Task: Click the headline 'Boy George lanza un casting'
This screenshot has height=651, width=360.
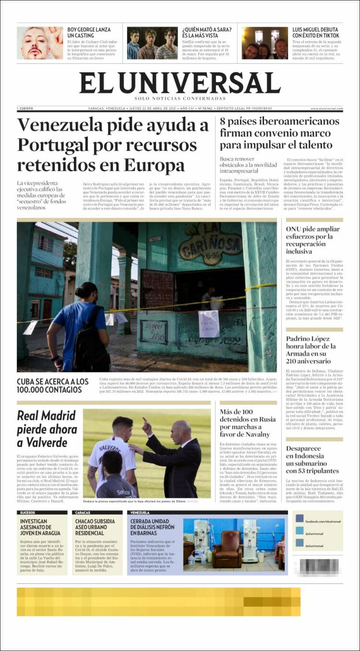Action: (x=89, y=33)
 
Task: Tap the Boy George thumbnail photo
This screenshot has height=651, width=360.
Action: (x=40, y=43)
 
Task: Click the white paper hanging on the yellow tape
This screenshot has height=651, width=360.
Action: (x=209, y=324)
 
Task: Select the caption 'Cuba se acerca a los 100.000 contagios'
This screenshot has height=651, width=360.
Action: (x=53, y=386)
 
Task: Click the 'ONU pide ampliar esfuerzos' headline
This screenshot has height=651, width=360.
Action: (x=312, y=240)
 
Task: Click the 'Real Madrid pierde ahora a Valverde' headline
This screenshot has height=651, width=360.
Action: (x=47, y=429)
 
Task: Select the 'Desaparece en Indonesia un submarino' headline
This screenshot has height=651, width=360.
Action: (x=312, y=459)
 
